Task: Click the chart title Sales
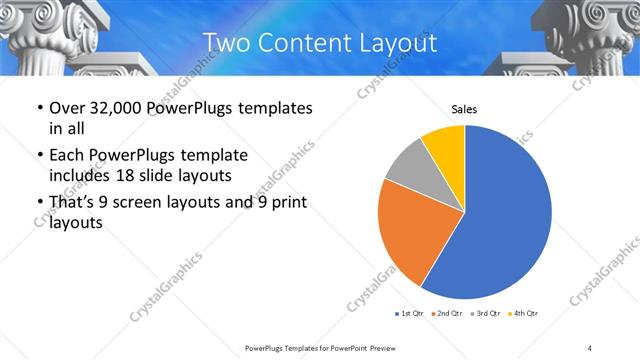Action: coord(464,109)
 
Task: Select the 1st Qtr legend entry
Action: coord(411,314)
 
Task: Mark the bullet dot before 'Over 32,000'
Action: coord(38,108)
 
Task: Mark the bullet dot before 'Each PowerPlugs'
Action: coord(38,156)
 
